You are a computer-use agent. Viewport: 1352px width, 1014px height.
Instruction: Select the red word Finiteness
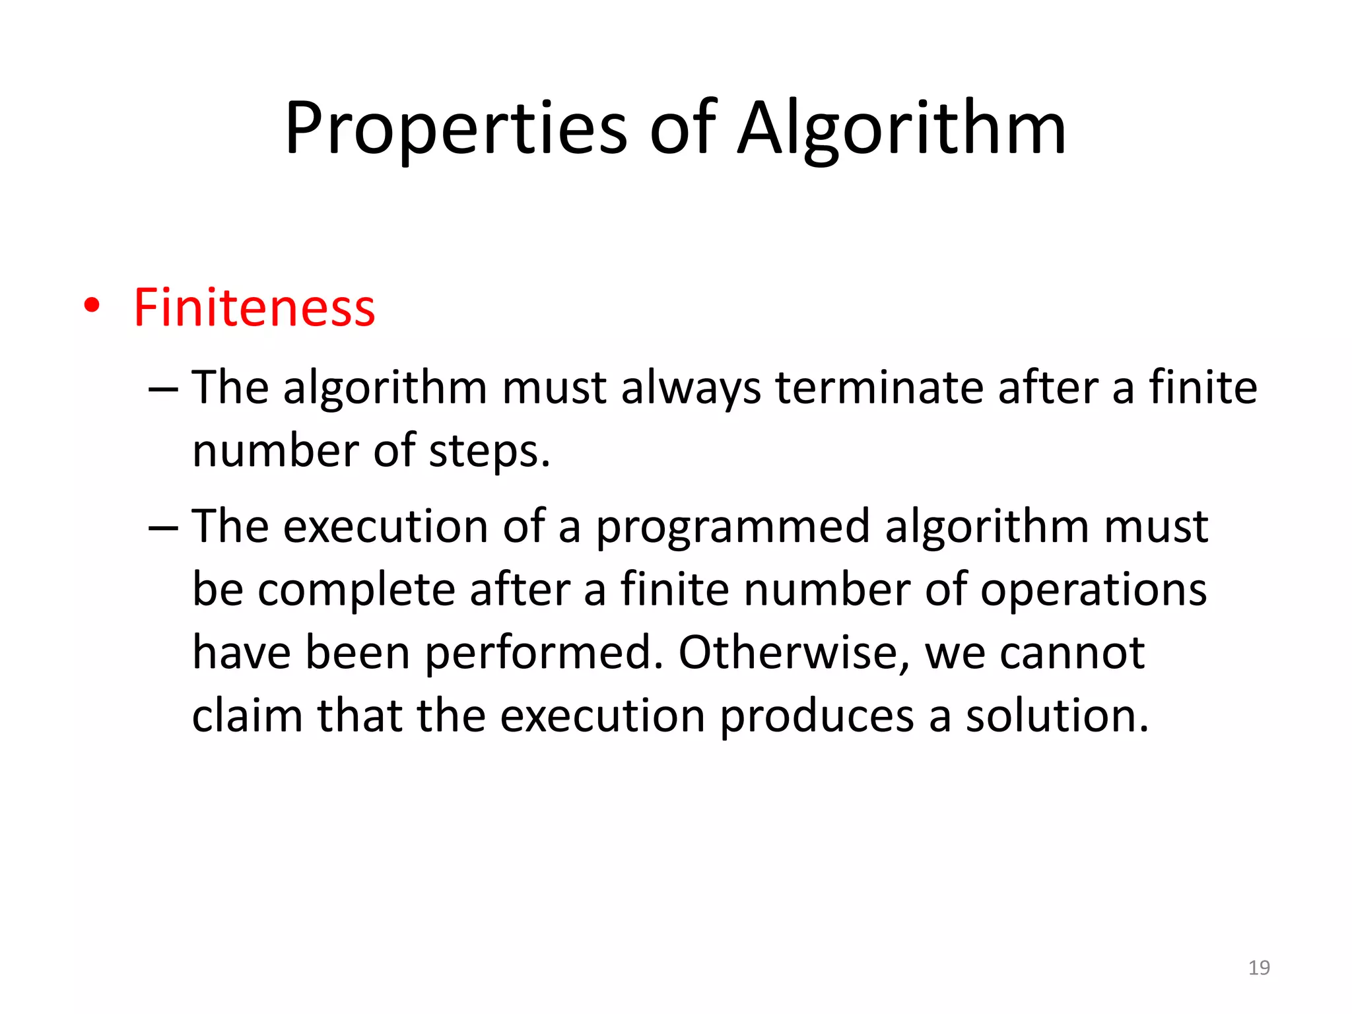(x=254, y=308)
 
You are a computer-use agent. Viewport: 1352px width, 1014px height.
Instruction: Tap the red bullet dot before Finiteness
(x=92, y=306)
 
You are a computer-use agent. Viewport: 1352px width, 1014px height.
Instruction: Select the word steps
(x=489, y=452)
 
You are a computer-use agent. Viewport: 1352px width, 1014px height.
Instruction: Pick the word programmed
(x=733, y=527)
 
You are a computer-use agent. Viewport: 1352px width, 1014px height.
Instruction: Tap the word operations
(x=1093, y=591)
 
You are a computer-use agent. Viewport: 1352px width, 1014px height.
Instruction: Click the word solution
(x=1057, y=716)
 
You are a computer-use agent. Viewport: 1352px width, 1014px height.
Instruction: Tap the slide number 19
(x=1259, y=968)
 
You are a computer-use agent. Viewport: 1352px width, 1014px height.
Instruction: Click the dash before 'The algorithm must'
(x=163, y=389)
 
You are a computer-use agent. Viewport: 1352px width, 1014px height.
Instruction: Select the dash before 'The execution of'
(x=163, y=529)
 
